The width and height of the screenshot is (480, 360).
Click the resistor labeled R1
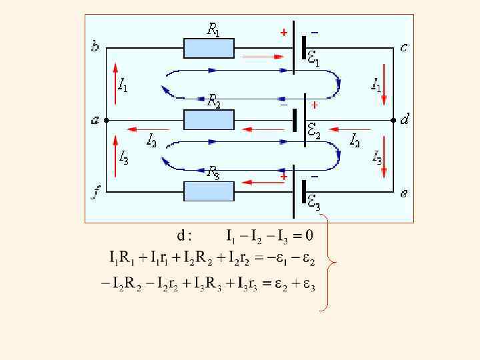[209, 48]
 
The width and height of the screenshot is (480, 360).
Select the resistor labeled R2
[209, 120]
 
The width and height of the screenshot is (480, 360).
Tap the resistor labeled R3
[209, 191]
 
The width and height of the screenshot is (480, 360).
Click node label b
[95, 47]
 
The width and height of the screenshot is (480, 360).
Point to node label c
[404, 47]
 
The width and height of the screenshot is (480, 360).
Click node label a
[95, 121]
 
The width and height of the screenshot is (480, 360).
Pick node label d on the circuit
[405, 120]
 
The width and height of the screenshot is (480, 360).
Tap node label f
[95, 194]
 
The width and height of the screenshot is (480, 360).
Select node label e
[404, 193]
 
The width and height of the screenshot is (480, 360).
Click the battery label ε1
[313, 59]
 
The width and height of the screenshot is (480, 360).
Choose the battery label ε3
[313, 203]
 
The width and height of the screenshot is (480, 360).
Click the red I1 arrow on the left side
[115, 83]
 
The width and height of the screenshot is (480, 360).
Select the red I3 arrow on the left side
[115, 157]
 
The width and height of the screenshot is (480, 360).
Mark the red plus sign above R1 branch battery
[283, 31]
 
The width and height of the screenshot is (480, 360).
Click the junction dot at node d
[394, 120]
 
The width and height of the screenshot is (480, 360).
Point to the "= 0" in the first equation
[302, 235]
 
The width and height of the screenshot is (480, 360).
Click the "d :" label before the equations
[184, 235]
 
